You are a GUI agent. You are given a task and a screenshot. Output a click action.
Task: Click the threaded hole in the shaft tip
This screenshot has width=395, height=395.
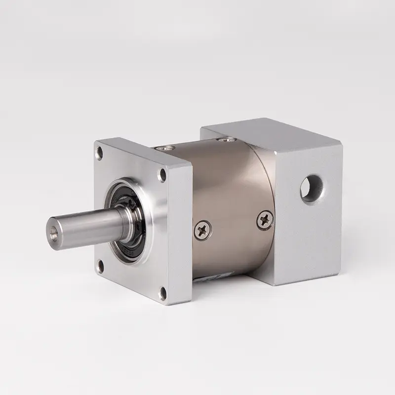53,230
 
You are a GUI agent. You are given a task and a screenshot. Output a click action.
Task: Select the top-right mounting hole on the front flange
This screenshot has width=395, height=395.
161,174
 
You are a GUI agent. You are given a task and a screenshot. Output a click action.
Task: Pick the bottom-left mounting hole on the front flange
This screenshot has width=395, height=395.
100,267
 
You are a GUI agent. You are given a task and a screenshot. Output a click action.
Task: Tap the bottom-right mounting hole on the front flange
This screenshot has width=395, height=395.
162,294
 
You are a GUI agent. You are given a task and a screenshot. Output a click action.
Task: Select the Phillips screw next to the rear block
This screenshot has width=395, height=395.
265,219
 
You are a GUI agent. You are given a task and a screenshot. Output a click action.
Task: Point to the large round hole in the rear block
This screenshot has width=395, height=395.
312,188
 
